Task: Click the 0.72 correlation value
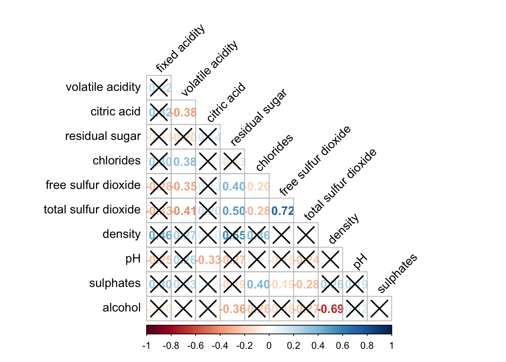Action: [x=282, y=211]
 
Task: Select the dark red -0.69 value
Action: [x=331, y=309]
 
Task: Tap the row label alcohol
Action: [x=121, y=308]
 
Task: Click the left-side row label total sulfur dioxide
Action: [x=92, y=210]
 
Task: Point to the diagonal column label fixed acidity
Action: [x=180, y=48]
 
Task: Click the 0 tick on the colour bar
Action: [x=269, y=345]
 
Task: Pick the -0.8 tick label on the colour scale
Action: [x=171, y=345]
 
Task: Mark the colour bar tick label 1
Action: [x=392, y=345]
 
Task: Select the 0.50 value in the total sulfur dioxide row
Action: [x=233, y=211]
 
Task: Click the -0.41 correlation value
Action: [x=184, y=211]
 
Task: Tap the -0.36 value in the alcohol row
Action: [x=233, y=309]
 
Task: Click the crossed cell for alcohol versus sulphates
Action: [x=379, y=309]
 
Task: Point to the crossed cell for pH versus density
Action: [x=331, y=260]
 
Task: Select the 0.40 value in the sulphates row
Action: [x=258, y=284]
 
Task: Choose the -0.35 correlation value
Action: [x=184, y=187]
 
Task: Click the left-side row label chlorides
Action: [x=116, y=161]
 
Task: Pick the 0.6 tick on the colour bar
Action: [x=343, y=345]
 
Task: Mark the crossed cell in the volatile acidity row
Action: [x=159, y=88]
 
